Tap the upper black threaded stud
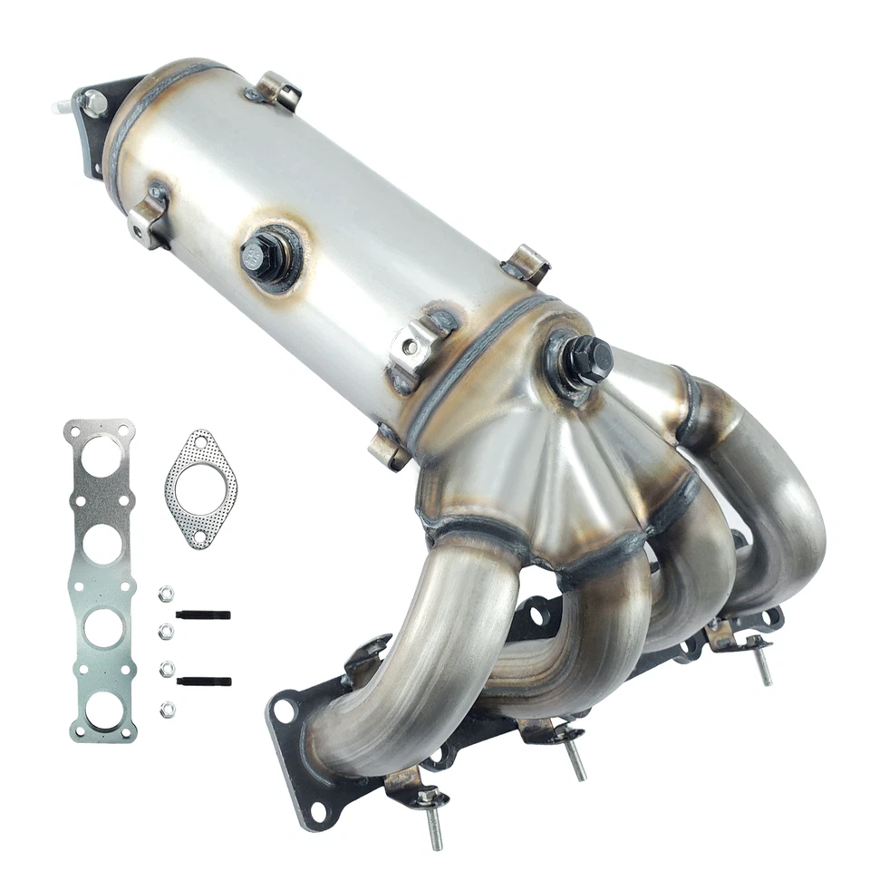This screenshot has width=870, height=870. pyautogui.click(x=204, y=615)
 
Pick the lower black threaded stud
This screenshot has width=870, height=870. pyautogui.click(x=204, y=681)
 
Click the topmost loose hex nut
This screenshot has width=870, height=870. pyautogui.click(x=166, y=594)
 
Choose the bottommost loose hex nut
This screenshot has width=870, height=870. pyautogui.click(x=166, y=709)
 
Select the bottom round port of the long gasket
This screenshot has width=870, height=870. pyautogui.click(x=102, y=709)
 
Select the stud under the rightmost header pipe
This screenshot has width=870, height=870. pyautogui.click(x=763, y=665)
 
